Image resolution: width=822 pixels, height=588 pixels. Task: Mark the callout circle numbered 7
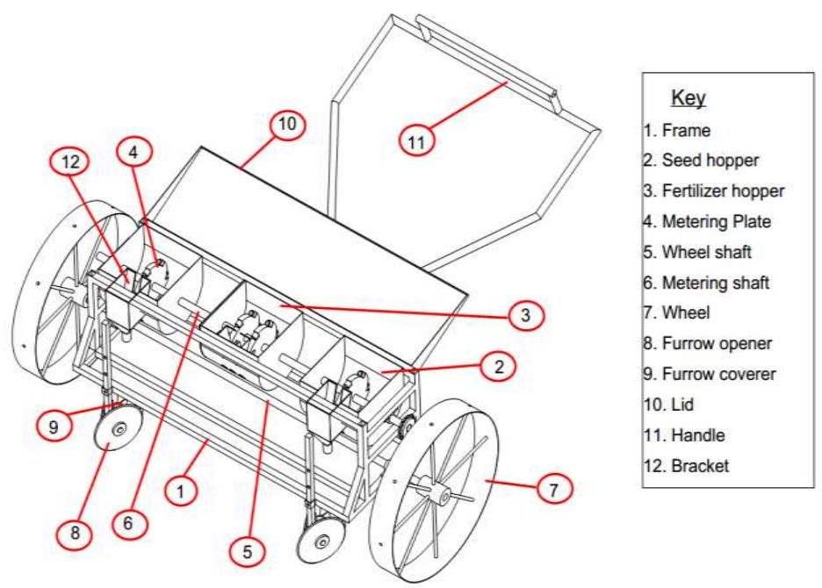pyautogui.click(x=552, y=488)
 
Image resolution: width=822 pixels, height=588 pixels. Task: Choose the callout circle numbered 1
pyautogui.click(x=178, y=492)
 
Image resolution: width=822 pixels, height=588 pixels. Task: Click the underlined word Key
pyautogui.click(x=689, y=97)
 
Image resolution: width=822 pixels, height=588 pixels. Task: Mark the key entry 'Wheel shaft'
pyautogui.click(x=690, y=253)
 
